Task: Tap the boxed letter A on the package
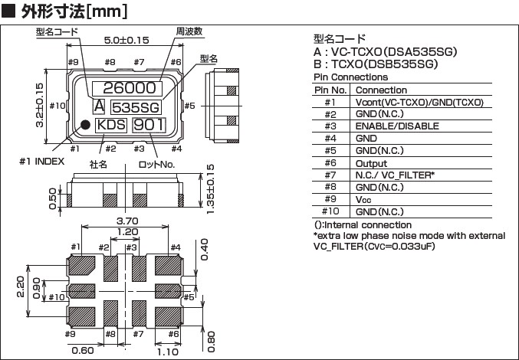click(99, 105)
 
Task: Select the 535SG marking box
click(136, 106)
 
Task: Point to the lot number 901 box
click(148, 125)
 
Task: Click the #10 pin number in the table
click(330, 211)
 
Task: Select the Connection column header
click(382, 90)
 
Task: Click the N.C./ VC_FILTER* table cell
click(396, 175)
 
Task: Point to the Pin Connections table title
click(350, 77)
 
